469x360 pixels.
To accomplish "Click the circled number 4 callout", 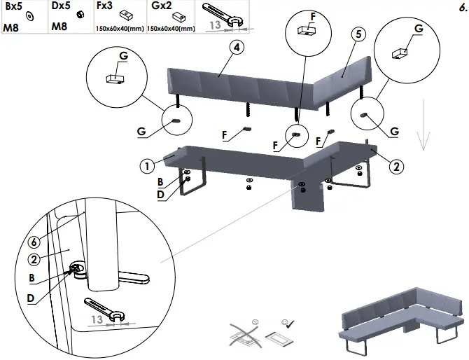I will pos(237,48).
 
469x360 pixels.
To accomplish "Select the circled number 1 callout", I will pos(147,166).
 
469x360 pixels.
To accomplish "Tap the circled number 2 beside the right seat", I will pos(395,166).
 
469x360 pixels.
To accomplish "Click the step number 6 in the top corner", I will pos(462,9).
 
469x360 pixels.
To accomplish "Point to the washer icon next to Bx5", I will pos(29,15).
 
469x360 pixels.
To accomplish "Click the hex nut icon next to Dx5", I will pos(80,15).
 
